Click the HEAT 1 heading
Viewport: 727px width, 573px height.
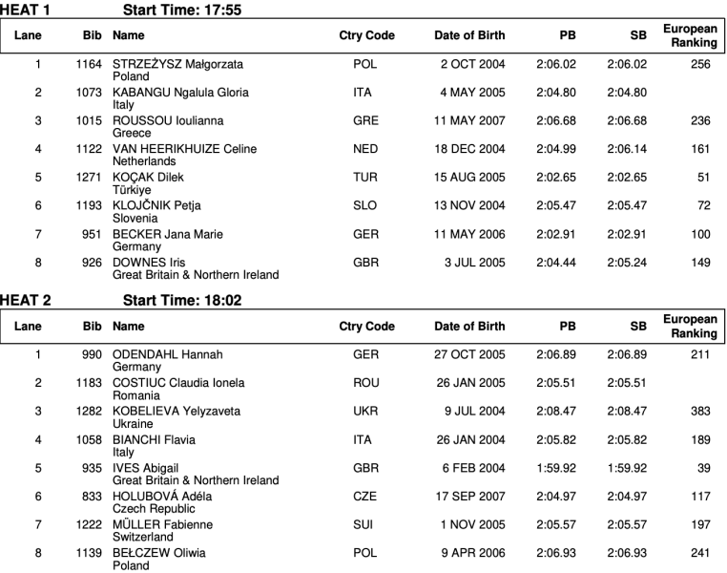pyautogui.click(x=26, y=10)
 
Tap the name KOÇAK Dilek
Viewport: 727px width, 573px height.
pyautogui.click(x=148, y=178)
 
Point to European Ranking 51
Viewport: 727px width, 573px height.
pyautogui.click(x=707, y=178)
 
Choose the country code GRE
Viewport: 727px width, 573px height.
pyautogui.click(x=365, y=121)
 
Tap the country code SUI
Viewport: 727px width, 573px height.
pyautogui.click(x=364, y=524)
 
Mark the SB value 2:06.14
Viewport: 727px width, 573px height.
pyautogui.click(x=627, y=149)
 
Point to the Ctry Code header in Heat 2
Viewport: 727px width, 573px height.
pyautogui.click(x=366, y=327)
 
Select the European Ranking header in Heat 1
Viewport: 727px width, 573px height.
pyautogui.click(x=690, y=35)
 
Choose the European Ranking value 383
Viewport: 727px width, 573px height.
pyautogui.click(x=705, y=412)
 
